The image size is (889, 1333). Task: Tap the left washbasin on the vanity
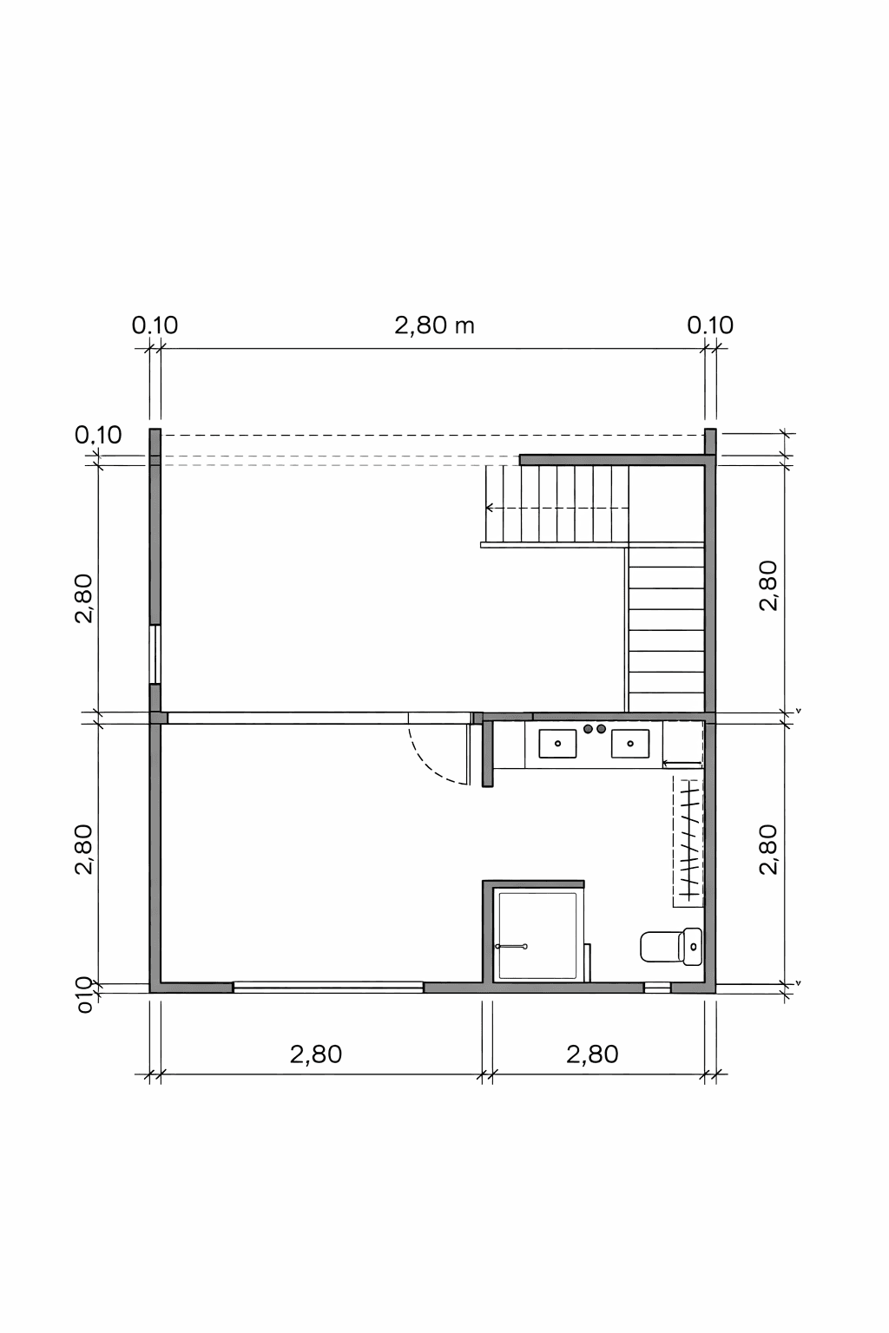pos(557,744)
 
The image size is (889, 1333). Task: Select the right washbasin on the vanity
pos(630,744)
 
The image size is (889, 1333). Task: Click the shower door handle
pos(510,946)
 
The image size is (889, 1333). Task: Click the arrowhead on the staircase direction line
pos(490,508)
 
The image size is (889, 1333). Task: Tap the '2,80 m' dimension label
pos(434,325)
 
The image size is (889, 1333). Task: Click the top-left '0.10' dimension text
pos(155,325)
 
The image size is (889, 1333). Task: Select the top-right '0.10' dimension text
pos(710,325)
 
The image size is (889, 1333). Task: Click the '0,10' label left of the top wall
pos(98,435)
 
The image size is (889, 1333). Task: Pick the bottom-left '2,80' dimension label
pos(316,1054)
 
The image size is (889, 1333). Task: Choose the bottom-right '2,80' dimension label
pos(592,1054)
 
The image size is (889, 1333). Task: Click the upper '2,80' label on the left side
pos(84,598)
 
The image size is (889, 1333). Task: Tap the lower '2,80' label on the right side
pos(768,850)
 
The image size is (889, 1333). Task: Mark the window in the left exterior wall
pos(155,654)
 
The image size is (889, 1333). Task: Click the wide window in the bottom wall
pos(327,988)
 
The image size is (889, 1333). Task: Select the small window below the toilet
pos(657,988)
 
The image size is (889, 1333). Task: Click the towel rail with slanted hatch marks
pos(688,842)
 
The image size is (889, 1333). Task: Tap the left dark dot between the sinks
pos(589,729)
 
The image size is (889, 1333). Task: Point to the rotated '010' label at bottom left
pos(84,995)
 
